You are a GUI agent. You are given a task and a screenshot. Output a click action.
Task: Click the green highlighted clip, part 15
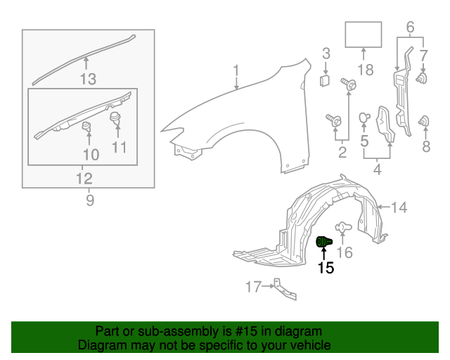pos(324,241)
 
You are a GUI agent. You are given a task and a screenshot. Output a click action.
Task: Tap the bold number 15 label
pos(326,268)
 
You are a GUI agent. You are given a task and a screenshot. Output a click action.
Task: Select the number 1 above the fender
pos(236,71)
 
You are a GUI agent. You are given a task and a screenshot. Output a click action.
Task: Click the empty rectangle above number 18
pos(364,34)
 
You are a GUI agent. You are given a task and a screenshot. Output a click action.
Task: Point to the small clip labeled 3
pos(325,81)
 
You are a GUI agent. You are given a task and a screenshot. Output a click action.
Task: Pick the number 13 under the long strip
pos(88,79)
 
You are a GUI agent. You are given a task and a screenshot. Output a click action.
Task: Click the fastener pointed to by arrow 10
pos(86,126)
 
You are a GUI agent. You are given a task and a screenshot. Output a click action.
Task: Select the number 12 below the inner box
pos(84,179)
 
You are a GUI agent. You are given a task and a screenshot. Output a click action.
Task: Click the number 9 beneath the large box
pos(90,200)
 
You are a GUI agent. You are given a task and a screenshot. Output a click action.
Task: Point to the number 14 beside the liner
pos(399,207)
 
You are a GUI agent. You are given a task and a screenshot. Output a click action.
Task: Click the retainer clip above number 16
pos(343,227)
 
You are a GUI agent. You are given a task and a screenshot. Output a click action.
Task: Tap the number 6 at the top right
pos(411,27)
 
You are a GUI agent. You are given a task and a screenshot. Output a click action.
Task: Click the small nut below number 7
pos(422,78)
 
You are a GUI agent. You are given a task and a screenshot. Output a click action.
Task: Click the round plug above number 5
pos(364,117)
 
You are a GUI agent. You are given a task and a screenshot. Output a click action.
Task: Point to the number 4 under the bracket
pos(377,169)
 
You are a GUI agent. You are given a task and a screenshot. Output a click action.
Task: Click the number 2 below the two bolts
pos(342,152)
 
